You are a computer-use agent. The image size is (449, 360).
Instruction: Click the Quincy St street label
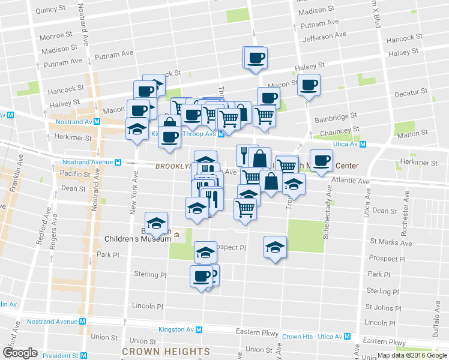click(50, 10)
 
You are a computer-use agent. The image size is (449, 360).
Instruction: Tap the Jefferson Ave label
click(325, 36)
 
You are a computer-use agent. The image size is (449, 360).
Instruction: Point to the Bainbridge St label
click(336, 114)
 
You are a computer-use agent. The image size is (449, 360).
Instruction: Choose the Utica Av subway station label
click(349, 144)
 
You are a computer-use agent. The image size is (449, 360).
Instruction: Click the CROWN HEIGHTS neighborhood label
click(166, 351)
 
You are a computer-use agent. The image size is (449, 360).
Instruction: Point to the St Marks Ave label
click(391, 243)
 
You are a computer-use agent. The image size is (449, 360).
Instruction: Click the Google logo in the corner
click(20, 353)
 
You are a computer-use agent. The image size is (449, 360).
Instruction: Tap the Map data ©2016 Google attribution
click(412, 355)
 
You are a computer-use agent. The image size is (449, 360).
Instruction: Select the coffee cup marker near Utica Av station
click(321, 160)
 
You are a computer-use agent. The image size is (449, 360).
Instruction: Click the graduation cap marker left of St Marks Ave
click(275, 247)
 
